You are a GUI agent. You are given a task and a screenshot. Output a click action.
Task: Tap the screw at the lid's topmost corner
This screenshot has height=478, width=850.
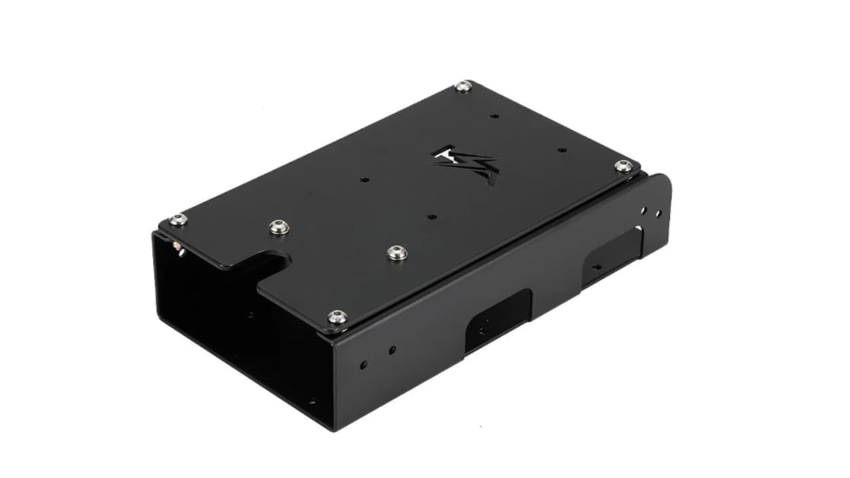464,86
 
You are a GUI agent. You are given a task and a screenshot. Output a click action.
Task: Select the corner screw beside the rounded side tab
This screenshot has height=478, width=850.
623,166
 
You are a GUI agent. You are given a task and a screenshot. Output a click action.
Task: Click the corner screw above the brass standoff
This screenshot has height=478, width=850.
177,220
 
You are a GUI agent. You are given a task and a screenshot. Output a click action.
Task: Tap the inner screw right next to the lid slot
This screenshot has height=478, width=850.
279,227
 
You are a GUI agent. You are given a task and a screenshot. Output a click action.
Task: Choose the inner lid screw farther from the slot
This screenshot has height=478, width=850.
396,252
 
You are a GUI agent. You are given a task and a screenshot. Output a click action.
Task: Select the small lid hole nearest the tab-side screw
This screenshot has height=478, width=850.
561,150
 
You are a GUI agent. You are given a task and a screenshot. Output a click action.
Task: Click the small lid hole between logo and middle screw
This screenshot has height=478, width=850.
432,216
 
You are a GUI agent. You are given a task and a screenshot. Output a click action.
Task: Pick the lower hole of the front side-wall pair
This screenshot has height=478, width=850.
363,364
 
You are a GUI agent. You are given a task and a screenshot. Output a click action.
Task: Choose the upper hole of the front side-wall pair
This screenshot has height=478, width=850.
392,349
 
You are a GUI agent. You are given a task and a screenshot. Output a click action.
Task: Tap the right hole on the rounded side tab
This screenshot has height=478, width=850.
658,214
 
